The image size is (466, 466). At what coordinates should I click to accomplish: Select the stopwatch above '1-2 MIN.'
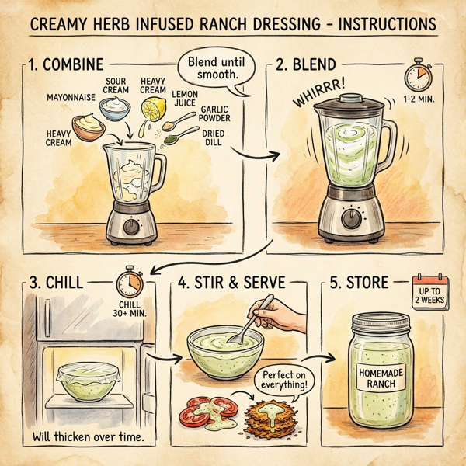(x=416, y=76)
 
